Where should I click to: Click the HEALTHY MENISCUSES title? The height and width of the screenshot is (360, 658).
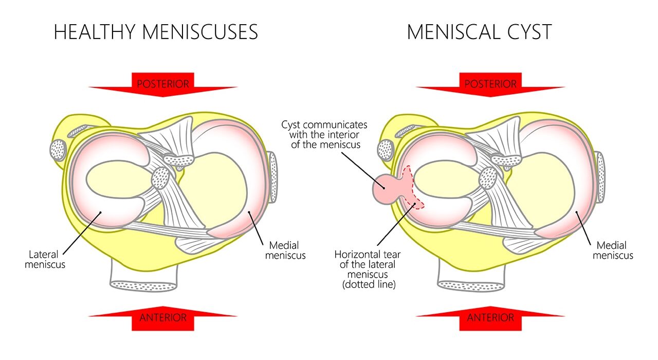[x=155, y=32]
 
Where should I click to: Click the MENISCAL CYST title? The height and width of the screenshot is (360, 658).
[x=479, y=32]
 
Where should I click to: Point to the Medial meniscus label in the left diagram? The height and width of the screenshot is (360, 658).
[x=285, y=250]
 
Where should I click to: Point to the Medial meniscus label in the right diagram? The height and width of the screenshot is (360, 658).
[x=613, y=250]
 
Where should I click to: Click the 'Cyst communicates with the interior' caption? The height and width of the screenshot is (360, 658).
[x=324, y=135]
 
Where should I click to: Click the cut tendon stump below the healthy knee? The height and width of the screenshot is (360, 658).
[x=144, y=285]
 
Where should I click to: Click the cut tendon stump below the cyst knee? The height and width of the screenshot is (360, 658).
[x=472, y=285]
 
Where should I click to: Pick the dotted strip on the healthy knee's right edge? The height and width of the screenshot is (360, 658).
[x=273, y=177]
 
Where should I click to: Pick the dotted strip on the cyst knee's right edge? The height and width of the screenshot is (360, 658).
[x=600, y=177]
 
